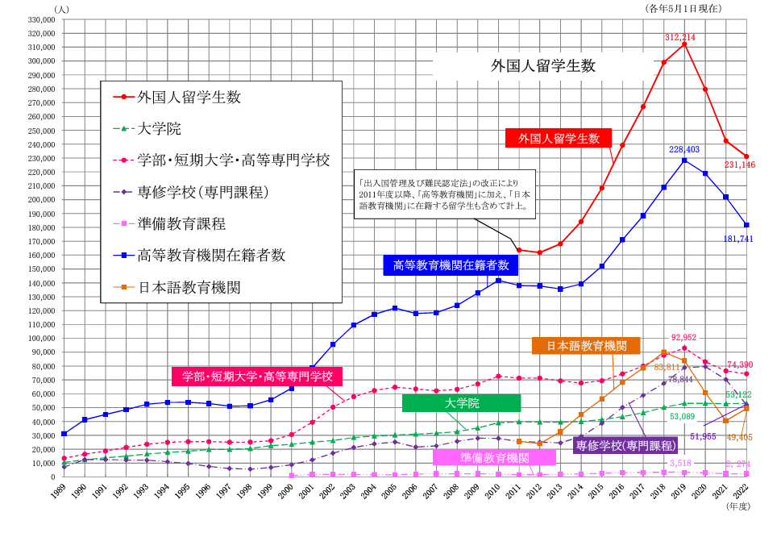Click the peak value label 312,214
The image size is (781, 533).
click(679, 37)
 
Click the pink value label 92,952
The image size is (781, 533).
click(685, 338)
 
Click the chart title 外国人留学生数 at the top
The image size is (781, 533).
click(543, 66)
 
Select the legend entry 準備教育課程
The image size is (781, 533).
click(181, 224)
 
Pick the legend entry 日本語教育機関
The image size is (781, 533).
click(189, 287)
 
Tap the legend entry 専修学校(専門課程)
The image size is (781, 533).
click(202, 192)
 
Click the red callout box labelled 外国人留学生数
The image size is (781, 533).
click(559, 138)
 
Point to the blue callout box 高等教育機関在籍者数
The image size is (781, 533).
click(451, 264)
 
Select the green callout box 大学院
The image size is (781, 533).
click(461, 403)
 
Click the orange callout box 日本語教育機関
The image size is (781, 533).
click(586, 345)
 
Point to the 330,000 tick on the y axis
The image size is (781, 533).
click(40, 19)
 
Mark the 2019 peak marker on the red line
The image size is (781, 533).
click(684, 44)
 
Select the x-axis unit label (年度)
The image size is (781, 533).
click(737, 507)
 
